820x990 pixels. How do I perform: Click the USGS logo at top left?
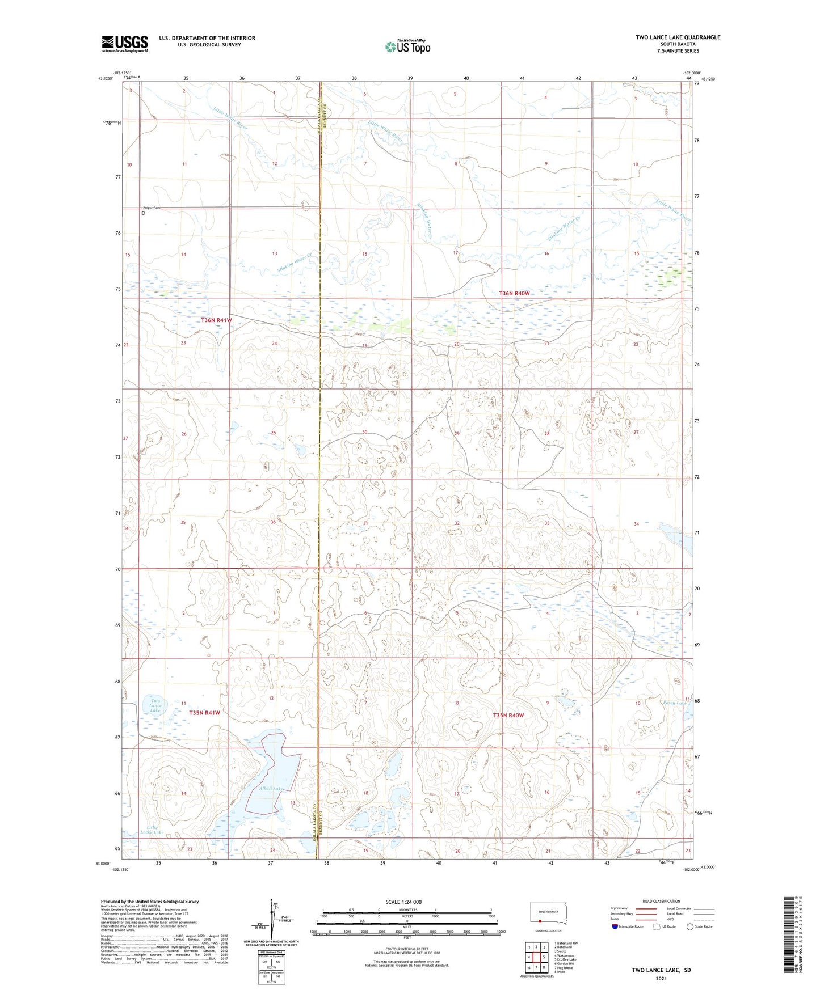(x=125, y=44)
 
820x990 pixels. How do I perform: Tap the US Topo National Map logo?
(x=407, y=46)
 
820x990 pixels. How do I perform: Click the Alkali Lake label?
(x=270, y=789)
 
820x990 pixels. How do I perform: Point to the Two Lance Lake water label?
(x=155, y=705)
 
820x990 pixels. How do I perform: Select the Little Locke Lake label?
(x=152, y=830)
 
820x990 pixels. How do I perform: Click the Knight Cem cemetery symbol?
(x=143, y=213)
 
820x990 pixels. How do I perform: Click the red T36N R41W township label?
(x=216, y=320)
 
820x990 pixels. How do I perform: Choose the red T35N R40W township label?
(x=508, y=716)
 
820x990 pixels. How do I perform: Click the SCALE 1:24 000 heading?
(x=403, y=902)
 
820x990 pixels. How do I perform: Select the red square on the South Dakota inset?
(x=540, y=921)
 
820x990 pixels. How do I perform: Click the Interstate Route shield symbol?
(x=615, y=926)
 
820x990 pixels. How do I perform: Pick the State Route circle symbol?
(x=690, y=926)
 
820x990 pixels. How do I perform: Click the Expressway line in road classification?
(x=646, y=908)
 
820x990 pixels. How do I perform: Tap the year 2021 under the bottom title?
(x=661, y=978)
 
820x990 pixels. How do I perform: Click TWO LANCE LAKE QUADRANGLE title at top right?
(x=678, y=37)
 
